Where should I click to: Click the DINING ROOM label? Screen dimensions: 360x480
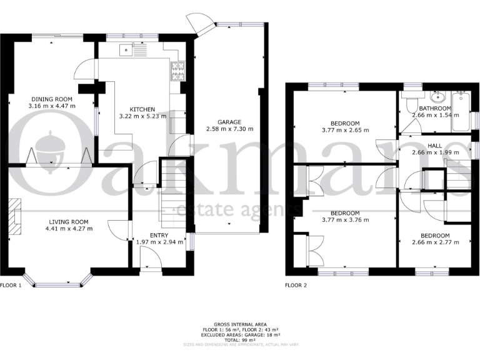point(52,99)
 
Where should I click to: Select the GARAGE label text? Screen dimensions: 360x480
point(229,122)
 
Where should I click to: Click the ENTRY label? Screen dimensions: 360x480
point(161,236)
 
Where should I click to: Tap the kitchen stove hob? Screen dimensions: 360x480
point(177,71)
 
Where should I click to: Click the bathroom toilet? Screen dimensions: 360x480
point(410,103)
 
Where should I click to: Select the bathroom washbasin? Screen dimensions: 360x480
point(436,97)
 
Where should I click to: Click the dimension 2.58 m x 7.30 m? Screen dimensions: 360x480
point(229,129)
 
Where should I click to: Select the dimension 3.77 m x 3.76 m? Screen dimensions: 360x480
point(345,220)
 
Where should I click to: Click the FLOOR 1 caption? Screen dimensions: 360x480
point(11,286)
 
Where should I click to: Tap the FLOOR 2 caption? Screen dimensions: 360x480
point(296,286)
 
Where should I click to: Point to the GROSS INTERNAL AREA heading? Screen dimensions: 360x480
point(240,324)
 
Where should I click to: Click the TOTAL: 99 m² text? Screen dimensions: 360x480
point(240,339)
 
